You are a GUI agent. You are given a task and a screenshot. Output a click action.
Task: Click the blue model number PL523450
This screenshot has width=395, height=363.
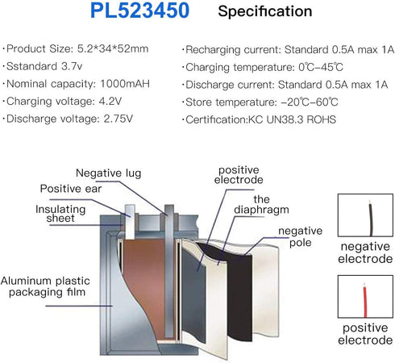point(139,10)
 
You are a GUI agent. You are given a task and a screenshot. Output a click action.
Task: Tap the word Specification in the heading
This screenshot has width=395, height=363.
point(265,11)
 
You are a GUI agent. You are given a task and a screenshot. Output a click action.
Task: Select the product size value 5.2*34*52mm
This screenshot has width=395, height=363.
point(113,48)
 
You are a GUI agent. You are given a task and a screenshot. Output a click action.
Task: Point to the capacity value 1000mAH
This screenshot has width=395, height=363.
point(125,84)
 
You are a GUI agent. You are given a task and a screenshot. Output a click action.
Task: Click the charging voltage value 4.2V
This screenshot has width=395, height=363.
point(110,101)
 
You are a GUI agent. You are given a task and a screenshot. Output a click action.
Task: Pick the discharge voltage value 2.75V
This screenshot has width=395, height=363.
point(118,119)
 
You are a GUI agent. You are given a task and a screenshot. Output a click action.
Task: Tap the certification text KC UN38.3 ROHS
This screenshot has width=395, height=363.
point(292,119)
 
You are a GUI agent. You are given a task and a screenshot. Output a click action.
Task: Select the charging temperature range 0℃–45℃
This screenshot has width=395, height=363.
point(321,67)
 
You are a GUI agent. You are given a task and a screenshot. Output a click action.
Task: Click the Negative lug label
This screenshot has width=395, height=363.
point(108,173)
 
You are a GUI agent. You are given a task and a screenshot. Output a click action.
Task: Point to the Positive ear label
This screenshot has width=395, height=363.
point(71,189)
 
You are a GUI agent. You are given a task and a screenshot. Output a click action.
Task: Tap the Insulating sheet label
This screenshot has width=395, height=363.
point(60,214)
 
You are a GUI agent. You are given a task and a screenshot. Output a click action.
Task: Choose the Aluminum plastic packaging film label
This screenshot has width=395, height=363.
point(45,286)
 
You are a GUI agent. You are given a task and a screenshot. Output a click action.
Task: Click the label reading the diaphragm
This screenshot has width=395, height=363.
point(261,204)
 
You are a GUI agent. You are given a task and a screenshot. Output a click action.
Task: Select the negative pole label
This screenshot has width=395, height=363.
point(301,236)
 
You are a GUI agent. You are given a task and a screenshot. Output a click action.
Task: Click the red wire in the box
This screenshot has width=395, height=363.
point(365,301)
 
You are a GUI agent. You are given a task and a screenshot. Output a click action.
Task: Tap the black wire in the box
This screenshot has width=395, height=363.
point(371,219)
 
